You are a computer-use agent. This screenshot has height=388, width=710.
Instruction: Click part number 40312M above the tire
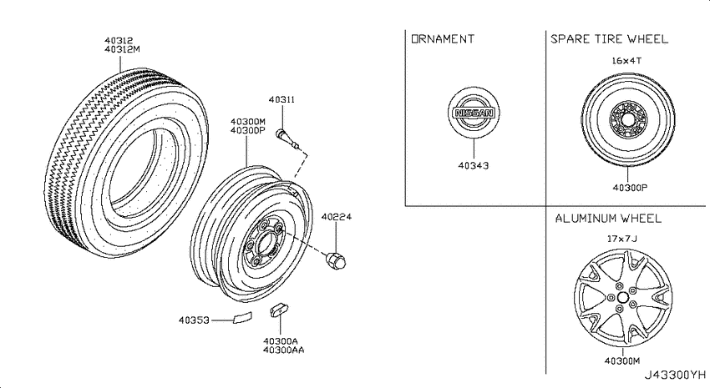pos(122,49)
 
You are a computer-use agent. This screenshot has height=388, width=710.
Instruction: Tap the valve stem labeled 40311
pos(287,139)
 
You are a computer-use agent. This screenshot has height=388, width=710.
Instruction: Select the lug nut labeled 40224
pos(336,260)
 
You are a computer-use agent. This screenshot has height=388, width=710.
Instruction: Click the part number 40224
pos(337,217)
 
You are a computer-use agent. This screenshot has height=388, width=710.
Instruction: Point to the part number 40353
pos(194,320)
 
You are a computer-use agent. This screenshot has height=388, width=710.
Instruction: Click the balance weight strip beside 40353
pos(242,317)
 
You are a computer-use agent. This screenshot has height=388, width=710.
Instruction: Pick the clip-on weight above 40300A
pos(280,310)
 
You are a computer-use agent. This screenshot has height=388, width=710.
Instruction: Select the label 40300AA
pos(284,350)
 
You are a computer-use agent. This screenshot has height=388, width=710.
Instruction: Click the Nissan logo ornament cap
pos(474,113)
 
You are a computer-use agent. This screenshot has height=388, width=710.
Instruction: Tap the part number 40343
pos(474,165)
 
